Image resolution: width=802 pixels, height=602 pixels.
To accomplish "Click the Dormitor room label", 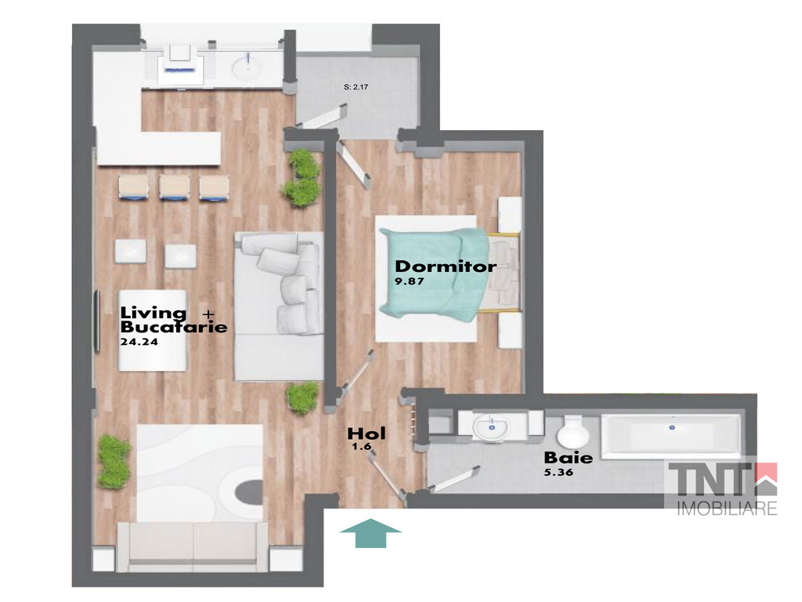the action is click(446, 267).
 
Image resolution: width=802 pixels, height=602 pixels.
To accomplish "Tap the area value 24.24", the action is click(139, 342).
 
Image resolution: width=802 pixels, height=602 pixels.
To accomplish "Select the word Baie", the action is click(569, 457).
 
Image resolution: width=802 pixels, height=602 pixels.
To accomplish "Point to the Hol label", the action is click(367, 433).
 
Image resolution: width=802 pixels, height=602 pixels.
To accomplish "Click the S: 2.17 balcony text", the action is click(356, 87).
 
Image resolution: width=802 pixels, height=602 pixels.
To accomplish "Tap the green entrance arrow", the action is click(370, 533).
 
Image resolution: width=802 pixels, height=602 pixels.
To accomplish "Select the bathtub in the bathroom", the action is click(671, 434).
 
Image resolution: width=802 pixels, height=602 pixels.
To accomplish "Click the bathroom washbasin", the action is click(492, 426).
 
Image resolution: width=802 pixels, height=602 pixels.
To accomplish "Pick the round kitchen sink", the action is click(247, 67).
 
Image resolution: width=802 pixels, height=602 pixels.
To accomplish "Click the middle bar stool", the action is click(175, 187).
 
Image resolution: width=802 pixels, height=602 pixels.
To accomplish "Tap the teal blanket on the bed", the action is click(435, 274).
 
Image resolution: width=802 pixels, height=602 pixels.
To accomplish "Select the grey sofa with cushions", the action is click(279, 306).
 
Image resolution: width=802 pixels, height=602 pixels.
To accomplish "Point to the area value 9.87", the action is click(410, 281).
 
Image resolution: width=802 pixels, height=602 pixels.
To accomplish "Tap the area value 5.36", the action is click(558, 472).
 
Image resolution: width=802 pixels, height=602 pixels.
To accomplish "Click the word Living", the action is click(154, 312).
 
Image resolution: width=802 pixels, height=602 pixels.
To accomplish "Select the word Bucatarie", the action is click(174, 327).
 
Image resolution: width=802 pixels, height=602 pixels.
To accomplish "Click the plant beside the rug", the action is click(114, 461).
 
